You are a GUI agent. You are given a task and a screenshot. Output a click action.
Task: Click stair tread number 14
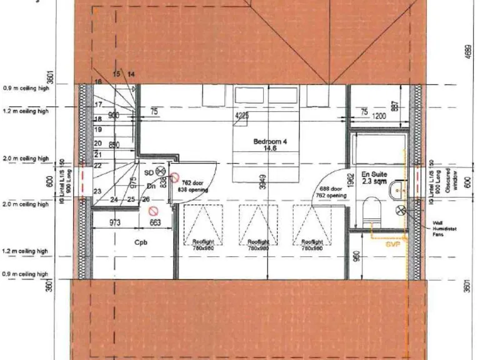point(131,74)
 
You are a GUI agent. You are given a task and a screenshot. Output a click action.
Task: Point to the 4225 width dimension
point(242,116)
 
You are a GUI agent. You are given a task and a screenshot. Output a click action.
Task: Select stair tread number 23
point(97,191)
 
